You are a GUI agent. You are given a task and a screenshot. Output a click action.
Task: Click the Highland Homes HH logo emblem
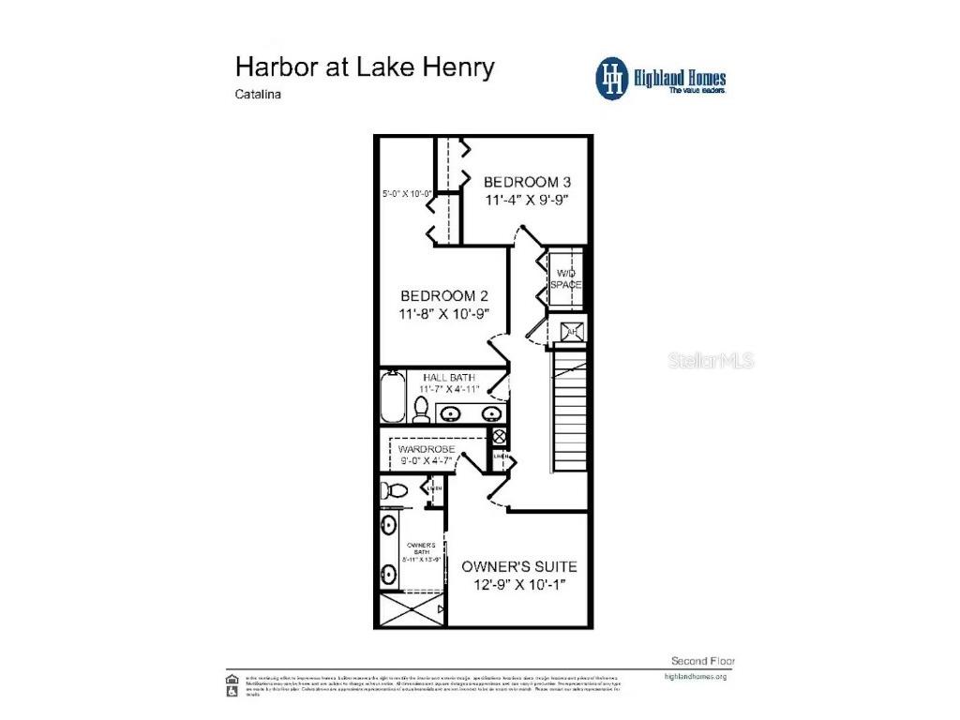click(613, 78)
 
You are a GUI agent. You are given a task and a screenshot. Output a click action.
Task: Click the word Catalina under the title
click(259, 95)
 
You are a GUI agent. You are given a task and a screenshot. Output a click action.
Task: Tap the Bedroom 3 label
click(527, 182)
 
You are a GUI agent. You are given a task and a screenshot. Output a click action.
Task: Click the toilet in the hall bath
click(421, 408)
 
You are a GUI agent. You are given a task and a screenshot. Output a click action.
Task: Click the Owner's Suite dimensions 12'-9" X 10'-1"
click(518, 586)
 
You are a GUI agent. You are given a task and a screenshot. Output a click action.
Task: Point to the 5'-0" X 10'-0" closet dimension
click(406, 194)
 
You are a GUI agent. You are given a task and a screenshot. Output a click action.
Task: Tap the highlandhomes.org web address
click(695, 676)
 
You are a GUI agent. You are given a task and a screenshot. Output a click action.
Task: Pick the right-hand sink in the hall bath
click(490, 413)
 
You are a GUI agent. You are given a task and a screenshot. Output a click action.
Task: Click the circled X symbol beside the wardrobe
click(500, 436)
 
